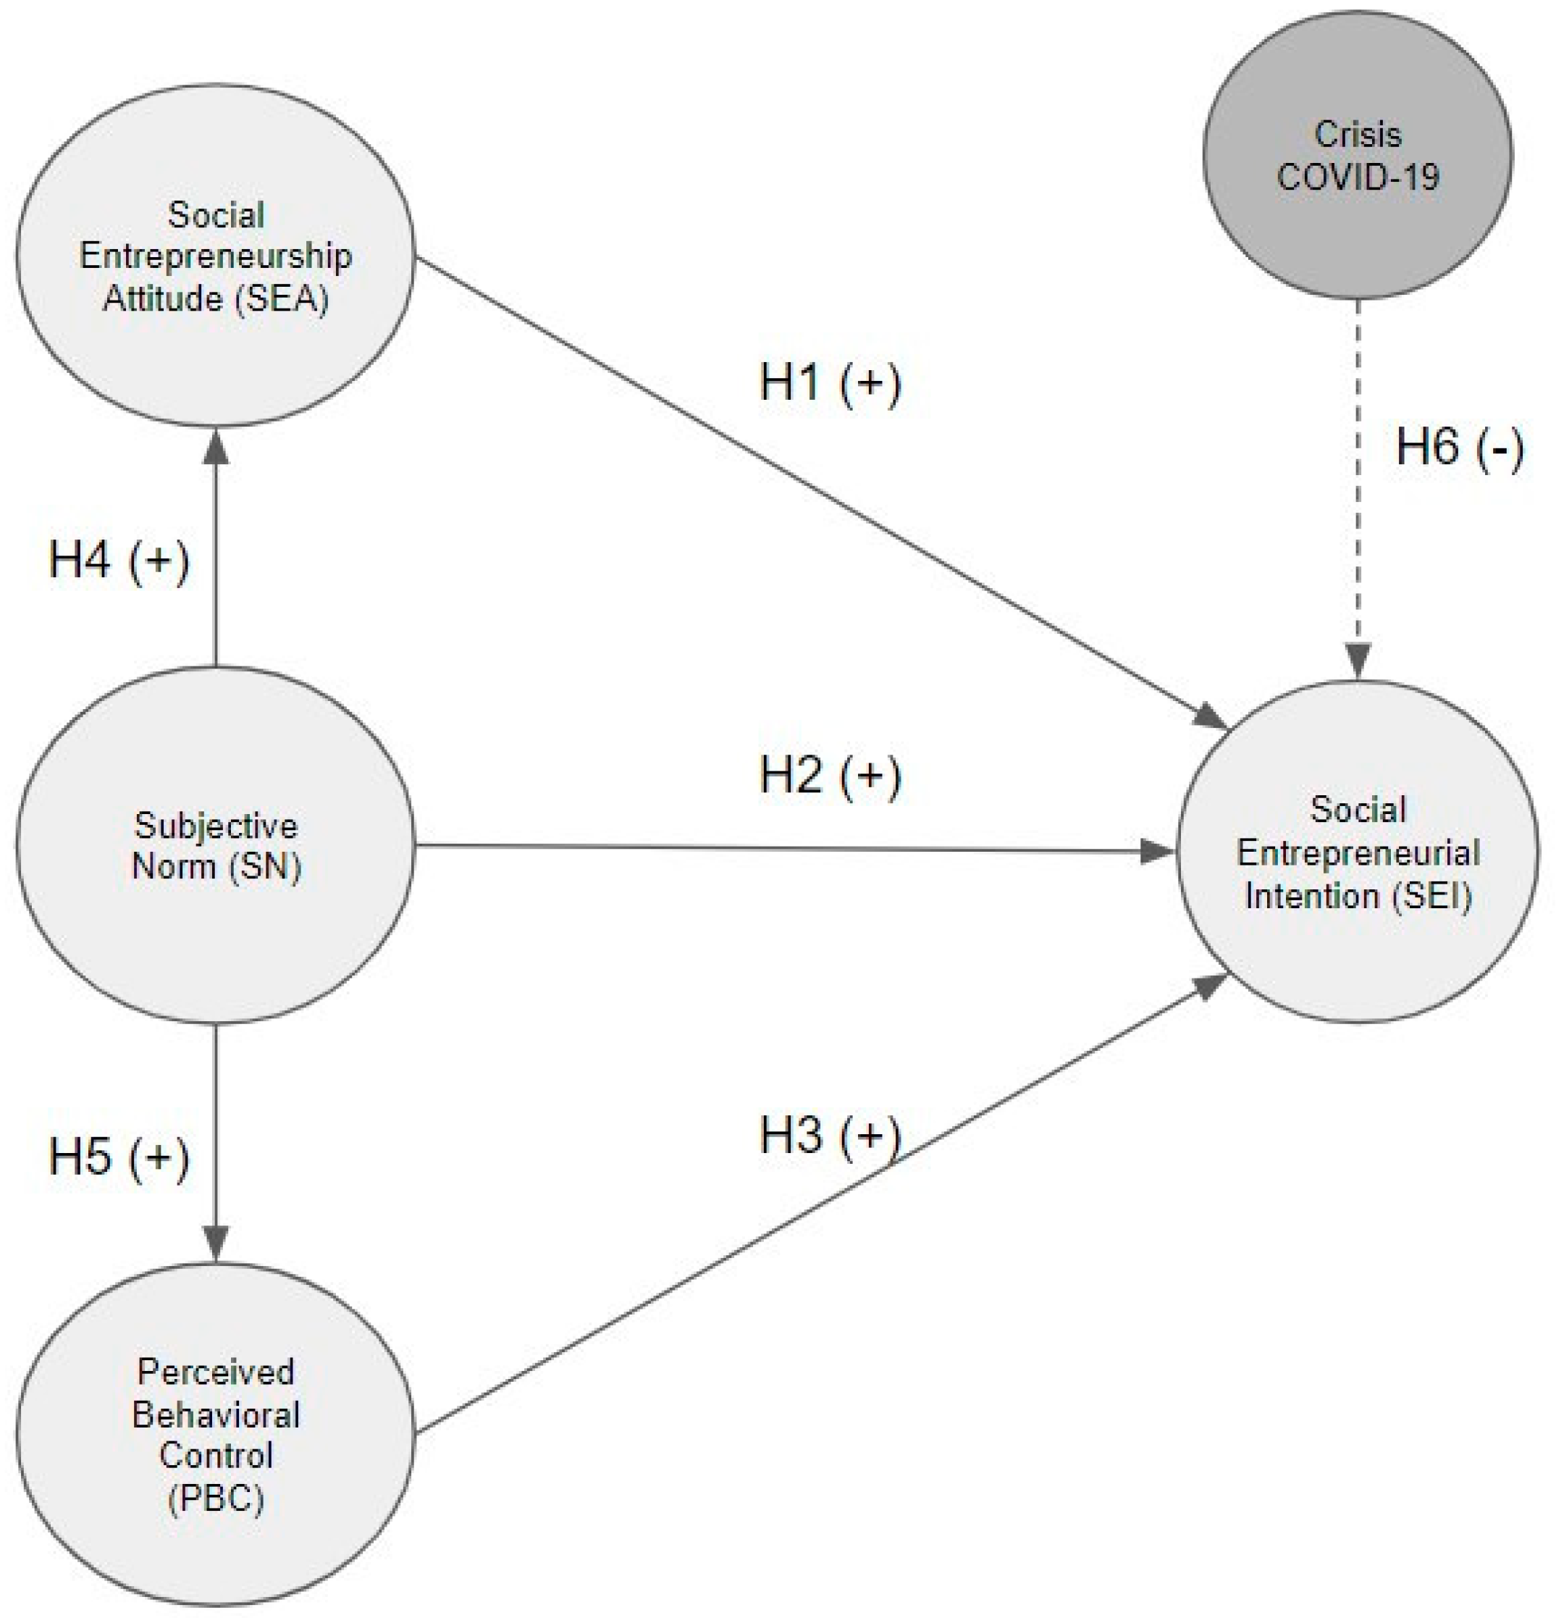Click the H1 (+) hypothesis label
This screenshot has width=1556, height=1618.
click(830, 383)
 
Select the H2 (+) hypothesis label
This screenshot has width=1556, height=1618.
click(830, 776)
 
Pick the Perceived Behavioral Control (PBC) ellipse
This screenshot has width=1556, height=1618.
click(216, 1543)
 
